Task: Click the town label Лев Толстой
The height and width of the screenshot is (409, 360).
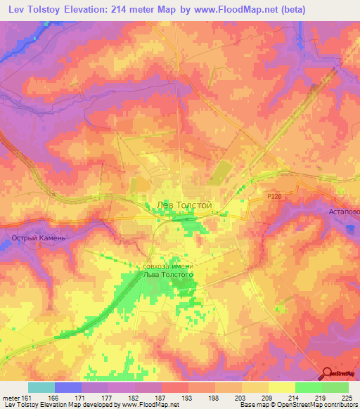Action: pyautogui.click(x=183, y=204)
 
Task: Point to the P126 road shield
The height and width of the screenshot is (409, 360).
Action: pyautogui.click(x=274, y=197)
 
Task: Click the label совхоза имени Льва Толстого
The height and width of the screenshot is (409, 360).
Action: pyautogui.click(x=168, y=271)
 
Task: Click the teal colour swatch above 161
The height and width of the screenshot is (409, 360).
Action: pyautogui.click(x=41, y=387)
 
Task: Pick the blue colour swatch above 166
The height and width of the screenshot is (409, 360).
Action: pyautogui.click(x=67, y=387)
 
